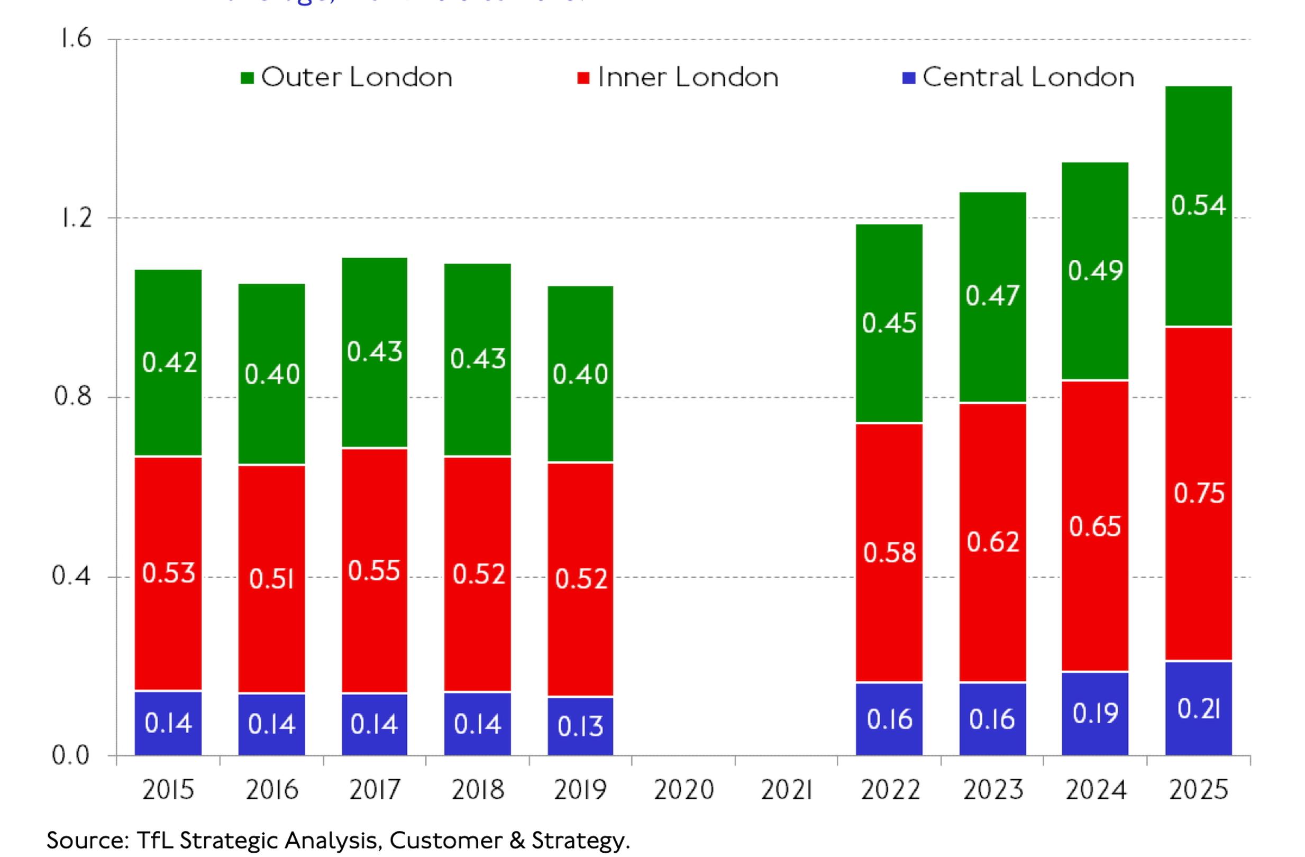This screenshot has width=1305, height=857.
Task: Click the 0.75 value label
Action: click(x=1199, y=494)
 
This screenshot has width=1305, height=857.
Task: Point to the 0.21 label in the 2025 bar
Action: click(x=1199, y=709)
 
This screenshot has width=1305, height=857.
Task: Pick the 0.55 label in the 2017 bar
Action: click(x=374, y=571)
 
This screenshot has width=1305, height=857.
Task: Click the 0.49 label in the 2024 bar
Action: click(x=1095, y=270)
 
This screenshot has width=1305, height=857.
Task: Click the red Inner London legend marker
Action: click(x=583, y=78)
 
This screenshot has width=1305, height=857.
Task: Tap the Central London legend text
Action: click(x=1028, y=77)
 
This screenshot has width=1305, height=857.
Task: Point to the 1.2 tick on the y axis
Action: click(x=76, y=217)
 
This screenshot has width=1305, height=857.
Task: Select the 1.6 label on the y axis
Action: click(x=76, y=39)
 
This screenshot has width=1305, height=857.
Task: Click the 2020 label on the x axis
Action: click(x=683, y=790)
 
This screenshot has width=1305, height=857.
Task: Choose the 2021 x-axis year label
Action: click(x=786, y=790)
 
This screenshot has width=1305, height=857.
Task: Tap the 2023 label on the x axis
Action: click(x=992, y=790)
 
